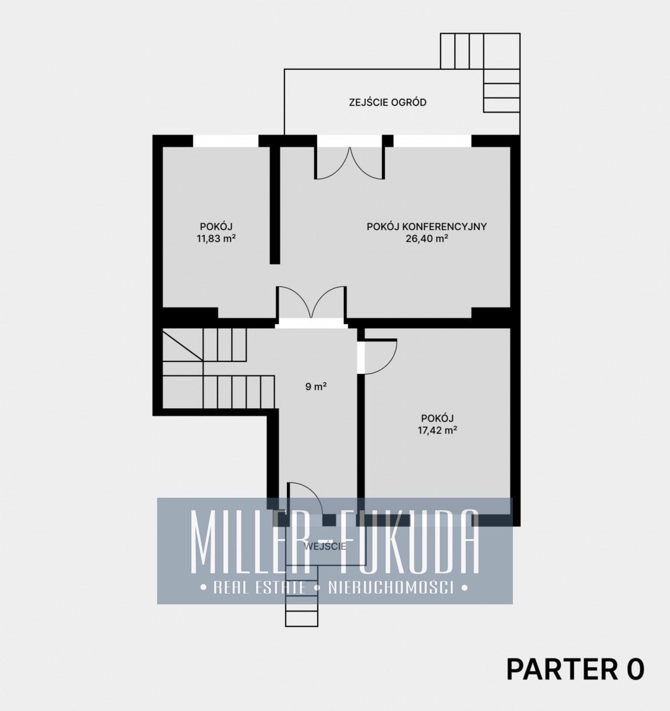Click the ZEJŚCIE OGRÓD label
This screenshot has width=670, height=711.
click(x=388, y=103)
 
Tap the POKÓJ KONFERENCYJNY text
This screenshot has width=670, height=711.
click(x=427, y=226)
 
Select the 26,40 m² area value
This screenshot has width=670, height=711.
click(x=427, y=239)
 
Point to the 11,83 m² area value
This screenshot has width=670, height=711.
click(x=216, y=239)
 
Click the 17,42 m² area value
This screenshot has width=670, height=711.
click(x=438, y=430)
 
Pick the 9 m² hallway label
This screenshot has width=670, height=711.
click(x=316, y=387)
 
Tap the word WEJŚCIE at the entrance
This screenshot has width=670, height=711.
click(x=325, y=546)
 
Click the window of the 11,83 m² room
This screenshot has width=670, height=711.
click(x=226, y=141)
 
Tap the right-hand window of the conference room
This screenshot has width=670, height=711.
click(x=432, y=141)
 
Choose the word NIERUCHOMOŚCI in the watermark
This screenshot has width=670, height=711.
click(x=391, y=588)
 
